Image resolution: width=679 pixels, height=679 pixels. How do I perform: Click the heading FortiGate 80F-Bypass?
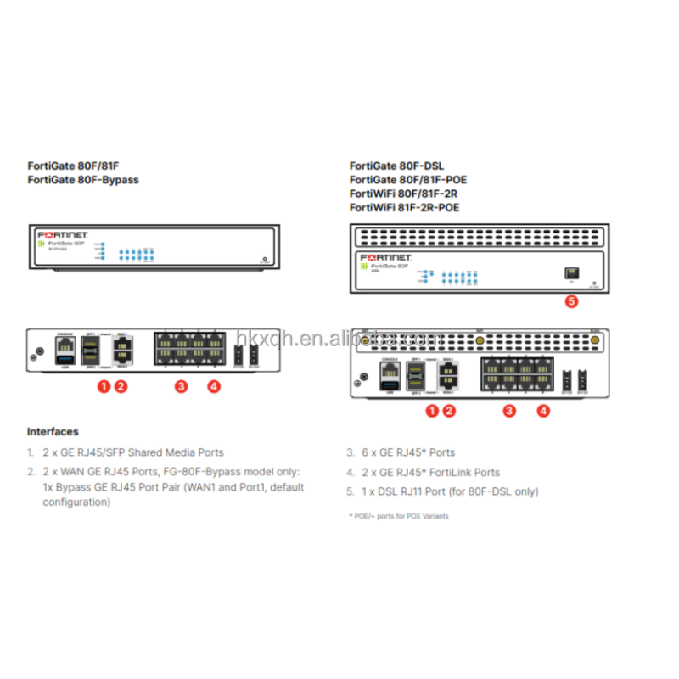click(x=83, y=180)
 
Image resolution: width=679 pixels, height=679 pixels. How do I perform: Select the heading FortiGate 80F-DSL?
click(x=396, y=166)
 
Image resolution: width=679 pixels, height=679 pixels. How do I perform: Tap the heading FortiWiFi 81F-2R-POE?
click(x=405, y=207)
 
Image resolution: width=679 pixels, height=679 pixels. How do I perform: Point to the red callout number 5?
click(x=571, y=300)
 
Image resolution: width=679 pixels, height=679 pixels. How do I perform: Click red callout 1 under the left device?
click(x=104, y=386)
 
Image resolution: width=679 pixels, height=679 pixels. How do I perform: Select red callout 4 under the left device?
click(x=214, y=386)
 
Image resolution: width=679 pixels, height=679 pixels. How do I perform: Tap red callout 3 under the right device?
click(x=509, y=411)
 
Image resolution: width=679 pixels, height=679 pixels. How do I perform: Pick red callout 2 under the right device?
click(x=450, y=411)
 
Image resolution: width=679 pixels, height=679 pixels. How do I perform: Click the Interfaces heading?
click(x=53, y=432)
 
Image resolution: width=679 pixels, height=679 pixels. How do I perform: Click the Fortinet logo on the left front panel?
click(x=63, y=233)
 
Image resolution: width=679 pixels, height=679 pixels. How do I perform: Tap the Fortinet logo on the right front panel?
click(x=386, y=256)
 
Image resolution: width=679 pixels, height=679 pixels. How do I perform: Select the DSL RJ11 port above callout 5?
click(x=570, y=272)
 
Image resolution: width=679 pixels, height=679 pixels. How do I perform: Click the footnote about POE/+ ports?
click(x=398, y=516)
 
